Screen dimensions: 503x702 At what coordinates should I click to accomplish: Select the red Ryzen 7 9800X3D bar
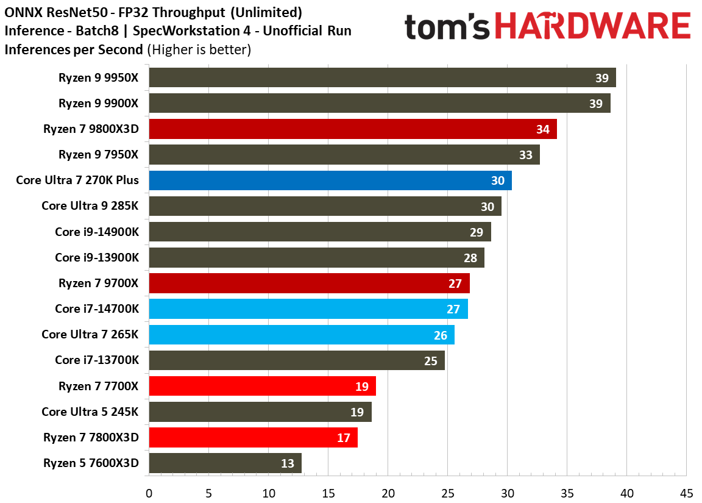point(352,129)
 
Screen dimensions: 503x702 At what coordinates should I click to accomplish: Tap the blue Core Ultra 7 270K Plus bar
point(330,180)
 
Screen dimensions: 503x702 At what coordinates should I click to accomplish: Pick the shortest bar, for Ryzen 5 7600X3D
point(225,463)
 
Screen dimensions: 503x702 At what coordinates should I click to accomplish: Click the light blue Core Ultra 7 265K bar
point(301,335)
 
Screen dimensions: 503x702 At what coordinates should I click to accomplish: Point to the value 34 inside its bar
point(542,129)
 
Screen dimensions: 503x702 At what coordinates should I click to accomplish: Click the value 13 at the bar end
point(288,463)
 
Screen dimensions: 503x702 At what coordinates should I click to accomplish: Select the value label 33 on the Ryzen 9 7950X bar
point(525,155)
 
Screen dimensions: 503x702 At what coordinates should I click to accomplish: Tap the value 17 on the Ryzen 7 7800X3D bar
point(344,438)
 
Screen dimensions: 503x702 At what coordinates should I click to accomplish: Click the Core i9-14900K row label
point(97,232)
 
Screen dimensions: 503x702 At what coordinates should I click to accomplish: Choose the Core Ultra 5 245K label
point(90,412)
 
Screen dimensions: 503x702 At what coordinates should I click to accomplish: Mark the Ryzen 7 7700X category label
point(99,386)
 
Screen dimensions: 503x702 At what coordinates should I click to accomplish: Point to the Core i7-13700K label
point(97,360)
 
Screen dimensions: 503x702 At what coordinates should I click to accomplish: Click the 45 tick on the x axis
point(686,493)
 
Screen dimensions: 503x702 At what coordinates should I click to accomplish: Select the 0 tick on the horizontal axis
point(149,493)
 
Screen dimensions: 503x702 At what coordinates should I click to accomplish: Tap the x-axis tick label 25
point(447,493)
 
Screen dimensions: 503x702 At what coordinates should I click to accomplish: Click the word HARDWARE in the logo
point(592,28)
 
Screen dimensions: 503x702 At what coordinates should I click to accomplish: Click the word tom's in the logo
point(447,28)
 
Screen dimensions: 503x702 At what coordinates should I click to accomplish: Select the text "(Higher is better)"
point(199,49)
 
